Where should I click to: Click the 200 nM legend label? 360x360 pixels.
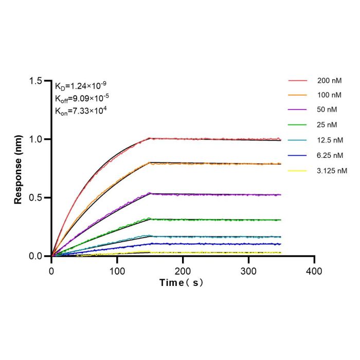pyautogui.click(x=329, y=81)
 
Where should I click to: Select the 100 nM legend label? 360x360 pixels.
pyautogui.click(x=329, y=95)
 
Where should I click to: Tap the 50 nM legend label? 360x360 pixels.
pyautogui.click(x=327, y=110)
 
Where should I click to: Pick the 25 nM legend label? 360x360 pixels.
pyautogui.click(x=327, y=125)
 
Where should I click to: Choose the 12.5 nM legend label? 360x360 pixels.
pyautogui.click(x=330, y=140)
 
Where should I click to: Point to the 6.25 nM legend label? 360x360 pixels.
pyautogui.click(x=330, y=155)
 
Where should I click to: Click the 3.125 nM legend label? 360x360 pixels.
pyautogui.click(x=332, y=171)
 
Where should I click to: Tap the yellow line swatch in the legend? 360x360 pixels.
pyautogui.click(x=297, y=171)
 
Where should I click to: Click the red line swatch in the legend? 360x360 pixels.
pyautogui.click(x=298, y=81)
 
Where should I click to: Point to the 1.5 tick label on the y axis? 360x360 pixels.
pyautogui.click(x=35, y=81)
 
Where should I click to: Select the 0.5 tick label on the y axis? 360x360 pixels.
pyautogui.click(x=35, y=197)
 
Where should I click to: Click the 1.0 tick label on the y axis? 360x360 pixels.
pyautogui.click(x=35, y=139)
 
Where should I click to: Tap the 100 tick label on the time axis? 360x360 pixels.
pyautogui.click(x=117, y=272)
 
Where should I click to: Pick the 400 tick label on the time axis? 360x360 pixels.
pyautogui.click(x=314, y=272)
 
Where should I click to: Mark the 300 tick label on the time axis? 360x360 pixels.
pyautogui.click(x=248, y=272)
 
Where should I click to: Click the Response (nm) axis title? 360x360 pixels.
pyautogui.click(x=18, y=170)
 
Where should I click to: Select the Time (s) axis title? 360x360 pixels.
pyautogui.click(x=182, y=283)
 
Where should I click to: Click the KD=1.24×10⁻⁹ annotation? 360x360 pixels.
pyautogui.click(x=81, y=86)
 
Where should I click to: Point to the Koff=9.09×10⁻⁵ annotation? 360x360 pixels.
pyautogui.click(x=82, y=98)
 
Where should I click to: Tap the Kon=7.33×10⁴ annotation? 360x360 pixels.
pyautogui.click(x=81, y=111)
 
